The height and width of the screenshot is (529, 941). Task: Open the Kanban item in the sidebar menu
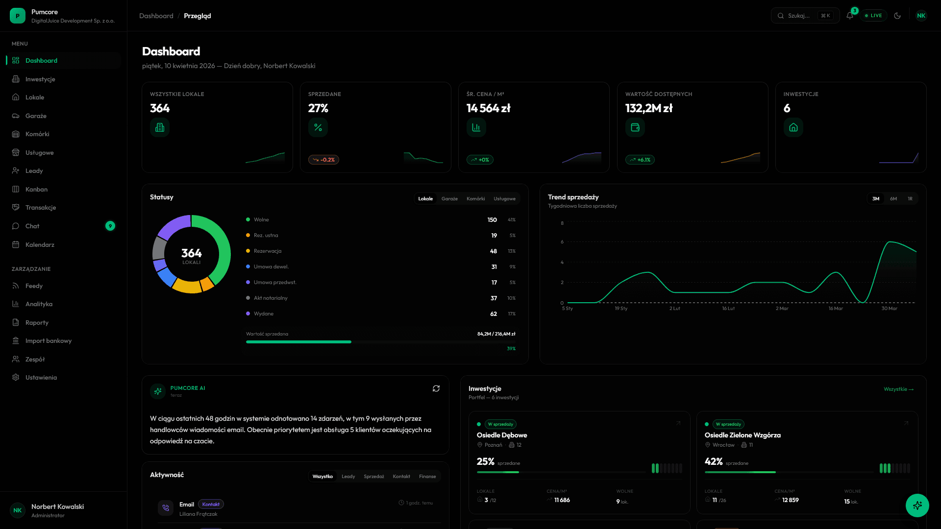36,189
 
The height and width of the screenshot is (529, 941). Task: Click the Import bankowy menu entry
48,341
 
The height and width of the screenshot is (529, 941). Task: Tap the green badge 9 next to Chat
110,226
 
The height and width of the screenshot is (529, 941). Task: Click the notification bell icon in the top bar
850,16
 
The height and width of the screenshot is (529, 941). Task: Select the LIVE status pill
873,16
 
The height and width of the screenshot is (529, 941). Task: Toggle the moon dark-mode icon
897,16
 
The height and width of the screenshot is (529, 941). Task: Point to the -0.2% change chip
323,160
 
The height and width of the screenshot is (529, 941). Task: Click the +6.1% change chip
640,160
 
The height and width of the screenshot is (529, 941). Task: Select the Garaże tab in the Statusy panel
449,199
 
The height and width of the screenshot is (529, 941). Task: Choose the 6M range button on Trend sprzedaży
893,199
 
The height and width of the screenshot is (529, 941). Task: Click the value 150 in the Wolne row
492,220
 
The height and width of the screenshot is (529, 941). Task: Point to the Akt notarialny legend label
271,298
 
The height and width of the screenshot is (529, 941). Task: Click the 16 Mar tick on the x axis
836,309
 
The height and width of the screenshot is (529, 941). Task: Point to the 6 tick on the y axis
562,242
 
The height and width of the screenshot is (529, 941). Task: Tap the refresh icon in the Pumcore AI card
436,388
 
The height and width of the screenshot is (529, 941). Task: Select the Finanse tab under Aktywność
427,477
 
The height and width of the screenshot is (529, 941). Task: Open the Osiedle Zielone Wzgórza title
743,435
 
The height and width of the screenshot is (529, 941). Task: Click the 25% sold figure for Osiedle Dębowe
485,461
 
